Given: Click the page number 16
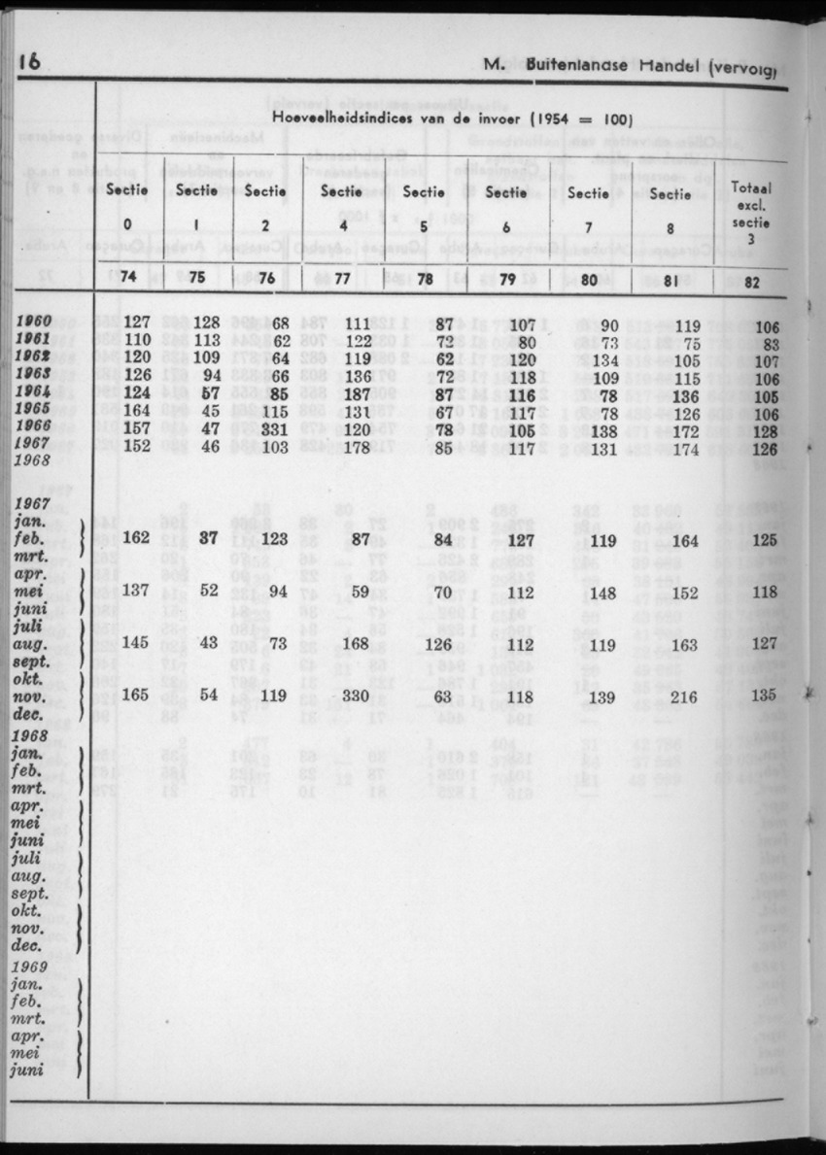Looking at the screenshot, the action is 30,63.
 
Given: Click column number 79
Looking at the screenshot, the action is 505,281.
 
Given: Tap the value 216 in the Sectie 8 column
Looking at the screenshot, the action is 685,696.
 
